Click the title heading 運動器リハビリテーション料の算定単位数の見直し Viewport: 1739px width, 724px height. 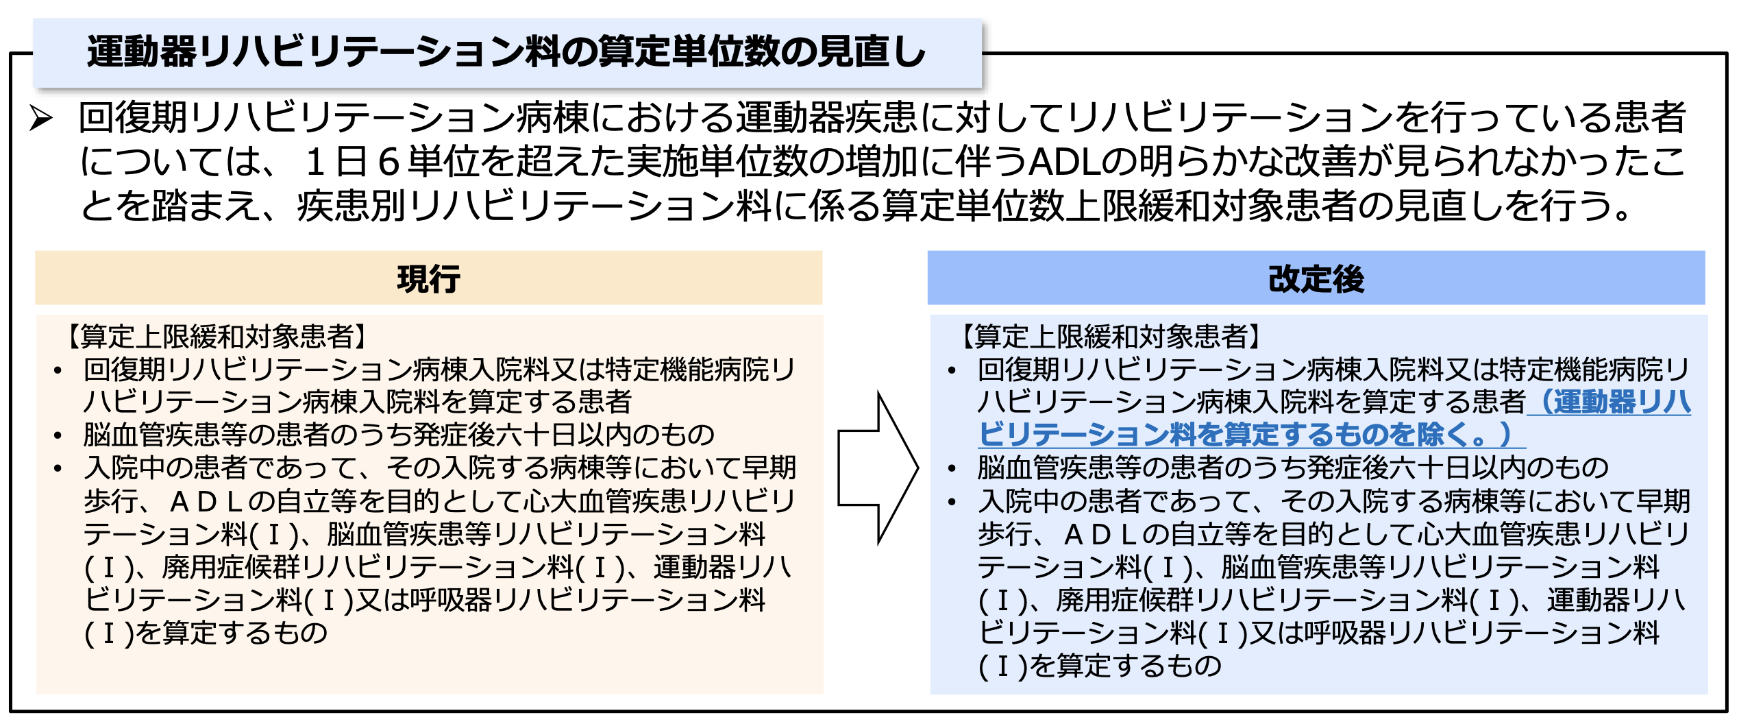point(506,53)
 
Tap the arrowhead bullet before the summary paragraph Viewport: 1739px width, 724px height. point(42,119)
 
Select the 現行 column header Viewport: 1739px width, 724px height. point(428,279)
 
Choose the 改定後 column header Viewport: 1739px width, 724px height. point(1316,279)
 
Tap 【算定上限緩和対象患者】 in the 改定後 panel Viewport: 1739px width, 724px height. point(1111,337)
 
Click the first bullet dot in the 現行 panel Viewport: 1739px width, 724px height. point(58,371)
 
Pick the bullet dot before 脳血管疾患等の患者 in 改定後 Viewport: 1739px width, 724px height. point(952,469)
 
